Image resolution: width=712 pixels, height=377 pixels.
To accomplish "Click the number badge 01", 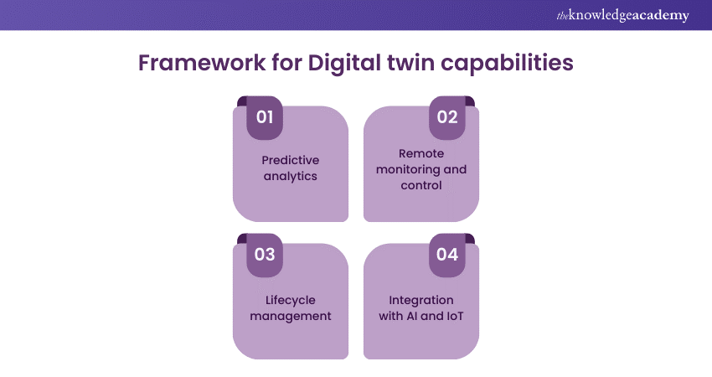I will click(265, 117).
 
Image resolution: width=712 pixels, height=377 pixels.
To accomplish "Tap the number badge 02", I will click(447, 117).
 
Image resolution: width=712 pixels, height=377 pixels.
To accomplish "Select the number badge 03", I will click(265, 255).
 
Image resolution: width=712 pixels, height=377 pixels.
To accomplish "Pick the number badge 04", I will click(447, 255).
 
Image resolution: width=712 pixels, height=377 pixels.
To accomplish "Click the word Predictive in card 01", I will click(291, 160).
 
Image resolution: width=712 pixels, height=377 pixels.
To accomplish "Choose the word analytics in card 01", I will click(290, 176).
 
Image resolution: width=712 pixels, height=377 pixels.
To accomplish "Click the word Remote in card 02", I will click(421, 153).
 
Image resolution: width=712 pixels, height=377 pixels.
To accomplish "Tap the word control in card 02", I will click(421, 185).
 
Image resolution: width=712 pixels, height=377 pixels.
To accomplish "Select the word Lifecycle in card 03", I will click(291, 300).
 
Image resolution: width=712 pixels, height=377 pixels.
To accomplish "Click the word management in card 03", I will click(290, 316).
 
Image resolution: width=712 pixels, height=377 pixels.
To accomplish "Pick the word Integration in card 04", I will click(421, 300).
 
